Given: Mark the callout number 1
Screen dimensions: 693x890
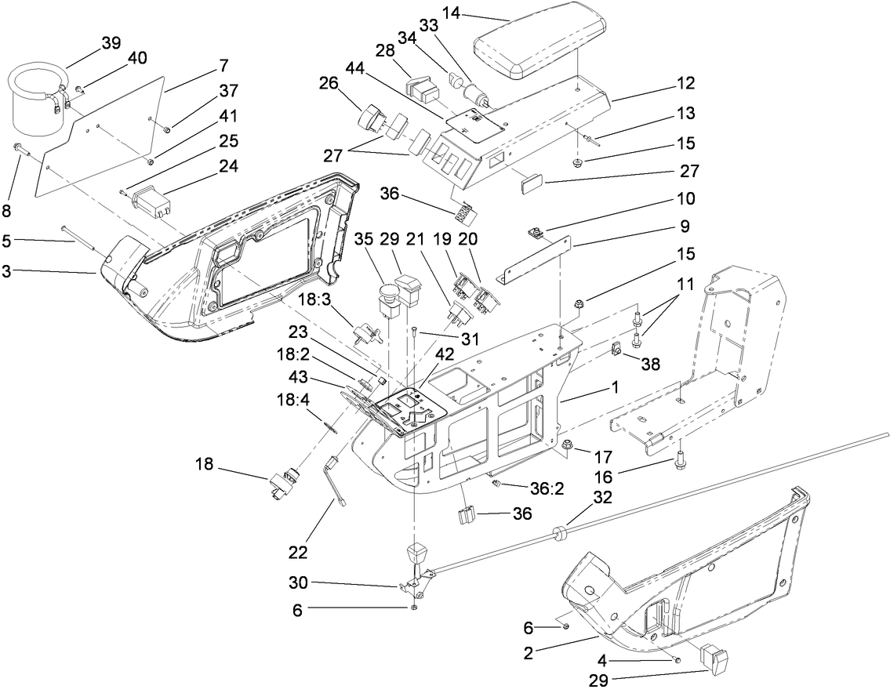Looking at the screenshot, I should (616, 386).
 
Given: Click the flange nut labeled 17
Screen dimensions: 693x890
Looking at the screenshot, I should (565, 447).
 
